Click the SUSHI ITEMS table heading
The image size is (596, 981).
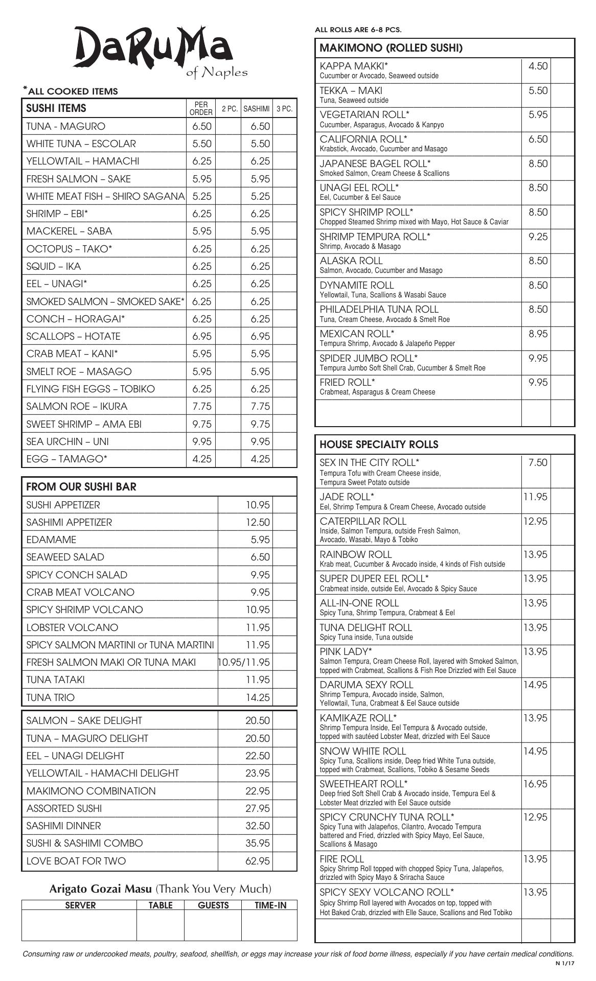56,108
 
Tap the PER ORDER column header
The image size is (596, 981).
201,108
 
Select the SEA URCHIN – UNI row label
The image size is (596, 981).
67,441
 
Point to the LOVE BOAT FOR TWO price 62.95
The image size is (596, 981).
257,861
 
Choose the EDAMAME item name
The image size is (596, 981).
51,540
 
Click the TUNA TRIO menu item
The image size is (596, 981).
50,697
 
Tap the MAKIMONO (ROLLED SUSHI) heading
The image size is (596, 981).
391,48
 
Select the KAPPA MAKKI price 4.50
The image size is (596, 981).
538,66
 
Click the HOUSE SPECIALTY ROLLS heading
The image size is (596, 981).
379,445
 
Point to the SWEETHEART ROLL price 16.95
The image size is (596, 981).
535,784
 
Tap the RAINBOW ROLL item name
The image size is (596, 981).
356,554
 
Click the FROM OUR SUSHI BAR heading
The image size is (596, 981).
81,486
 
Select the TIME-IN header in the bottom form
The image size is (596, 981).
270,905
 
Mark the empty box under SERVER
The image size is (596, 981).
79,925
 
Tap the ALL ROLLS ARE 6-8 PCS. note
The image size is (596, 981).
358,30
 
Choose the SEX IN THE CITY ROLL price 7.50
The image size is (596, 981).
538,463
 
